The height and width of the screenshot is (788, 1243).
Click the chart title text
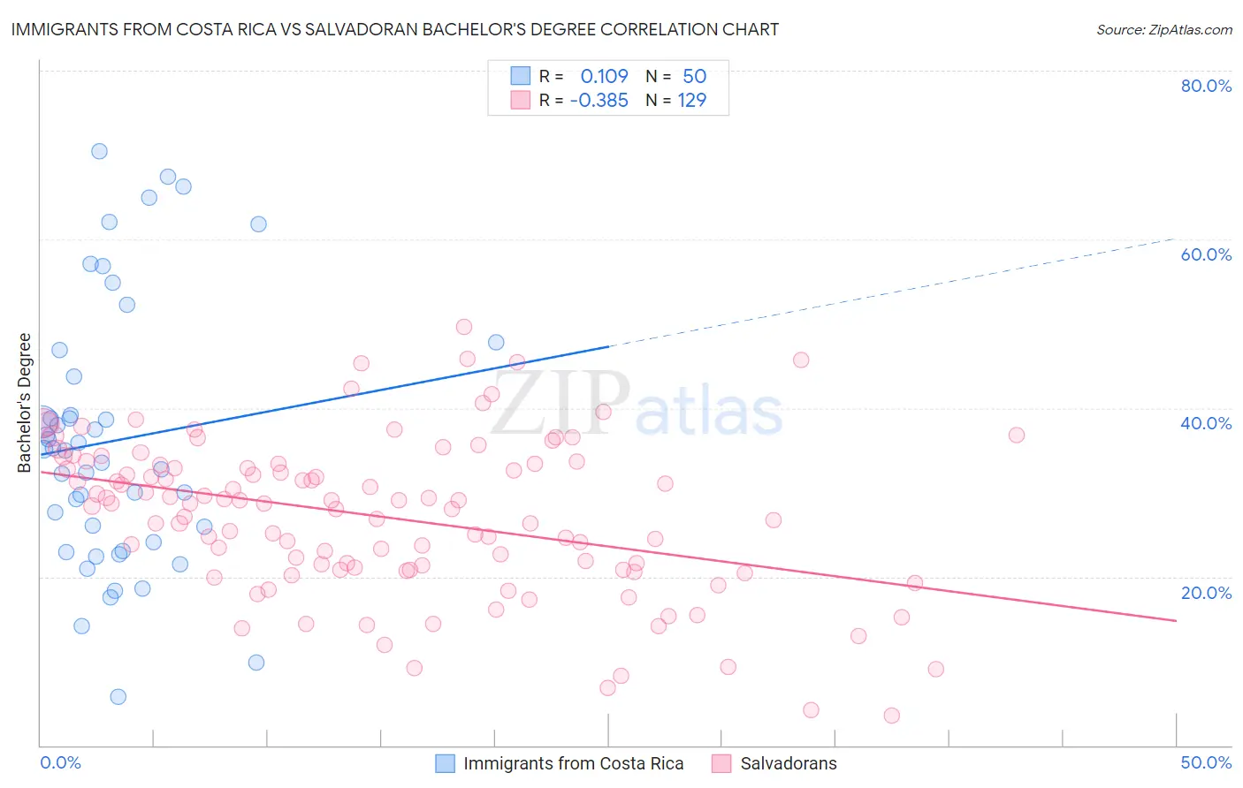click(394, 29)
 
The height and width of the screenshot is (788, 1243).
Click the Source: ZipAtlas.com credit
click(1163, 30)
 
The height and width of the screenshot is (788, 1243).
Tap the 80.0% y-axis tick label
click(1206, 86)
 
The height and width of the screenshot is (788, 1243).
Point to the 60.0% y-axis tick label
click(1206, 254)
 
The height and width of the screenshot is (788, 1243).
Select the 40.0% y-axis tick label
click(1206, 423)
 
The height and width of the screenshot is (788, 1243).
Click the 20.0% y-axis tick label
click(1206, 593)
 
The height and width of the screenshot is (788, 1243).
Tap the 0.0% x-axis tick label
click(60, 762)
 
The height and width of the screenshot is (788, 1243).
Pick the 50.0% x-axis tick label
click(1206, 762)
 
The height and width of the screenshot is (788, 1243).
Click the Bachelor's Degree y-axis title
click(25, 403)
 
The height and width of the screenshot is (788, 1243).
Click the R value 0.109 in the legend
click(604, 76)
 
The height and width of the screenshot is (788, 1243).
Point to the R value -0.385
click(599, 101)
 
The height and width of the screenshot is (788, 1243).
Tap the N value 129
click(691, 101)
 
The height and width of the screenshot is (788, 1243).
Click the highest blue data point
click(99, 151)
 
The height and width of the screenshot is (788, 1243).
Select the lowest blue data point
click(118, 697)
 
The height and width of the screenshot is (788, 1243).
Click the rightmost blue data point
click(496, 342)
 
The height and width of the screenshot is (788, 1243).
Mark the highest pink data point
click(464, 327)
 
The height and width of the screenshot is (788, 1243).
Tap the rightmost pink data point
click(1017, 435)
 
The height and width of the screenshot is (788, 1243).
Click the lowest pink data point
click(892, 716)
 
